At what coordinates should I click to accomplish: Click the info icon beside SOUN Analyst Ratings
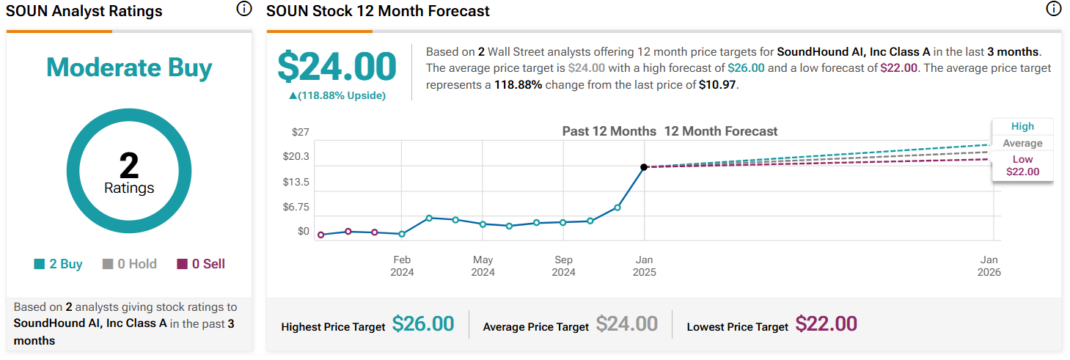(x=243, y=10)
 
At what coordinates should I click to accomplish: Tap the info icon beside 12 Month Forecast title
(x=1054, y=10)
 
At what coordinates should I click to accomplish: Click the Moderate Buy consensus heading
(x=129, y=68)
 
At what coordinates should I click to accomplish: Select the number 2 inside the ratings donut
(x=129, y=166)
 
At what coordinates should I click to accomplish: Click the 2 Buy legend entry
(x=59, y=264)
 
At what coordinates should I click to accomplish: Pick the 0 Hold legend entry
(x=130, y=264)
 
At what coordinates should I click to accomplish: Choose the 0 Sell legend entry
(x=201, y=264)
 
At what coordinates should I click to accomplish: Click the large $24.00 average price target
(x=337, y=67)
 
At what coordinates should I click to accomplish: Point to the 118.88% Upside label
(x=337, y=95)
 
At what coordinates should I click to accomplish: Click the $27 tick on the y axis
(x=301, y=132)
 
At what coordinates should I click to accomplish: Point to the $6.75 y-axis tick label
(x=296, y=207)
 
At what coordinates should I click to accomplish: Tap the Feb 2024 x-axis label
(x=402, y=266)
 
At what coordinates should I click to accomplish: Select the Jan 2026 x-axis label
(x=989, y=266)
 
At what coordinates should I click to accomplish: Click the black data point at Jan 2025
(x=644, y=167)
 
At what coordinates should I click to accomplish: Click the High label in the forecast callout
(x=1022, y=126)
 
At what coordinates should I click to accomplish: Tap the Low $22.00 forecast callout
(x=1022, y=166)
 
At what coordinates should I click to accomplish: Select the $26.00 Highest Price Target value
(x=423, y=323)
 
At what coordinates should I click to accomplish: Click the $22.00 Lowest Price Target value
(x=826, y=323)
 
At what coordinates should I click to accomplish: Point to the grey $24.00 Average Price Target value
(x=626, y=323)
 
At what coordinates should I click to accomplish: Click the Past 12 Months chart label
(x=609, y=131)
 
